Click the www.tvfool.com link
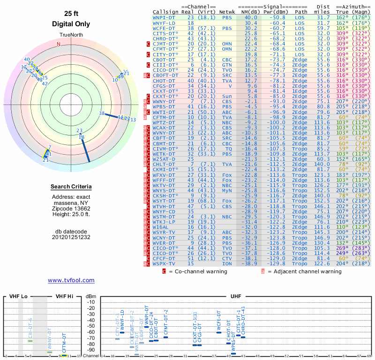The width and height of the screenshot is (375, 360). (71, 280)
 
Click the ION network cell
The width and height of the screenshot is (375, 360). (226, 264)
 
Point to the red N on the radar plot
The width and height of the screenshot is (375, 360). (59, 44)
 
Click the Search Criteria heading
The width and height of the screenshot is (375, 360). (71, 187)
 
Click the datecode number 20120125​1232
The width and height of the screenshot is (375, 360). (71, 237)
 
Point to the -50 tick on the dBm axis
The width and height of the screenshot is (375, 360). (91, 326)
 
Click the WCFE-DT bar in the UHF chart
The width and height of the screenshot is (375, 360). (219, 332)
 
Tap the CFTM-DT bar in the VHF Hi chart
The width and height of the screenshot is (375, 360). (64, 355)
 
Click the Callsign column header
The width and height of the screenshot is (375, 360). (165, 12)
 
